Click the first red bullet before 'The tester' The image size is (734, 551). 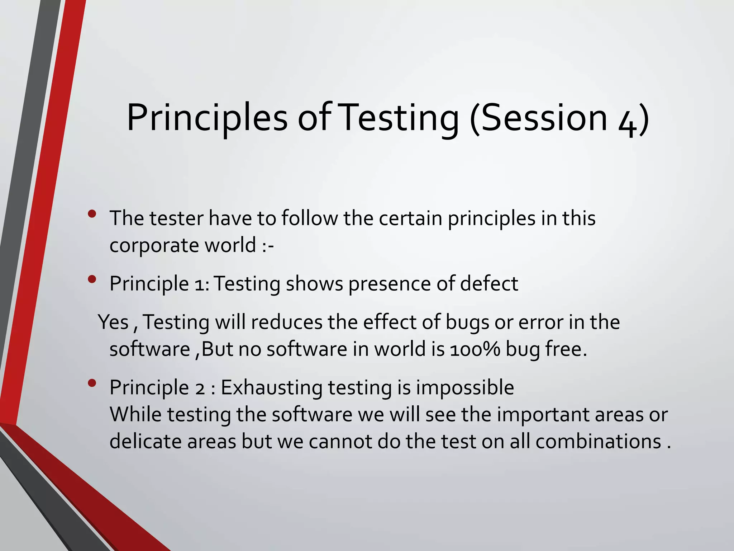92,214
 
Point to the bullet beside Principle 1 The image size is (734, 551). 92,279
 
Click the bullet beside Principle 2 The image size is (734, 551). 92,383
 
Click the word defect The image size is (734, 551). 489,284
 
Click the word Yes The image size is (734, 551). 113,322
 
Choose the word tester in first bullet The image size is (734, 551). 176,218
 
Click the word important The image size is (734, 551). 543,415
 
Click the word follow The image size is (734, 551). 309,218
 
